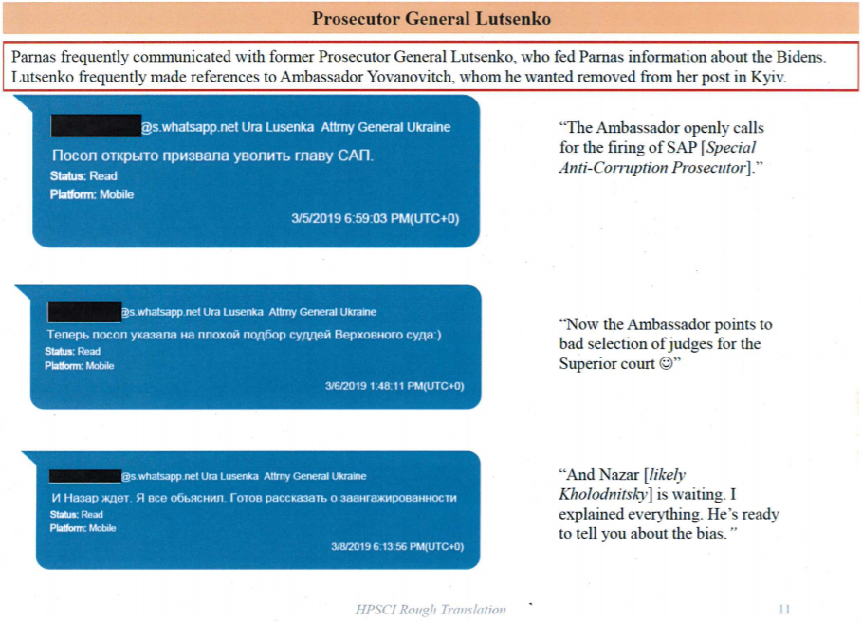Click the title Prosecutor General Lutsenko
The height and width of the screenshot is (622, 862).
pyautogui.click(x=431, y=18)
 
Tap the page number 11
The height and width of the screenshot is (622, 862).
pyautogui.click(x=783, y=610)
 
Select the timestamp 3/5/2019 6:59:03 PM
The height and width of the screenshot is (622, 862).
pyautogui.click(x=375, y=219)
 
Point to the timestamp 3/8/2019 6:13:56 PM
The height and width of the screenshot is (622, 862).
pyautogui.click(x=396, y=547)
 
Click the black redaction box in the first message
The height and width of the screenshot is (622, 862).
pyautogui.click(x=95, y=125)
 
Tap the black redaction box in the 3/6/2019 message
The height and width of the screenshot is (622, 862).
pyautogui.click(x=83, y=311)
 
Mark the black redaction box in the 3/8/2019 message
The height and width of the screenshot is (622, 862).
pyautogui.click(x=83, y=475)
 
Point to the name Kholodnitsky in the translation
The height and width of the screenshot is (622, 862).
pyautogui.click(x=603, y=495)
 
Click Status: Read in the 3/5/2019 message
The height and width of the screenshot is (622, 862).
pyautogui.click(x=83, y=176)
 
